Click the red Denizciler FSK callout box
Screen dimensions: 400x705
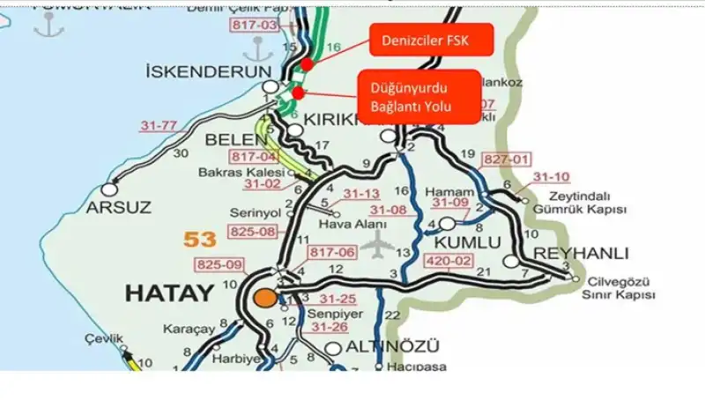(430, 41)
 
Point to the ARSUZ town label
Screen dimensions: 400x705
(119, 208)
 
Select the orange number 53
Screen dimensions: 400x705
(200, 238)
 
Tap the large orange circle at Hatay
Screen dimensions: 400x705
(264, 297)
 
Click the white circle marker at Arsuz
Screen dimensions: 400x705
(109, 188)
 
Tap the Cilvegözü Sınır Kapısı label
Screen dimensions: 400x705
(620, 289)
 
